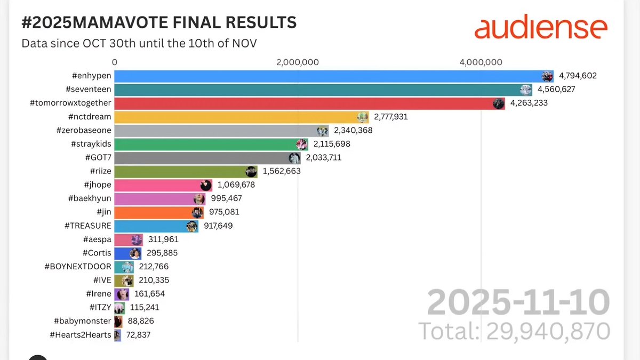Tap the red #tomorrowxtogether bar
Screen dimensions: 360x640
[x=307, y=103]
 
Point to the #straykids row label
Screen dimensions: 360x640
[x=91, y=144]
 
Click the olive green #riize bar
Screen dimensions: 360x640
[x=181, y=171]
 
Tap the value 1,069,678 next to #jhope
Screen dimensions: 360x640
[x=236, y=185]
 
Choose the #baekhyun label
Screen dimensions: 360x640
[x=89, y=198]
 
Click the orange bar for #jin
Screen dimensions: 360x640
[x=155, y=212]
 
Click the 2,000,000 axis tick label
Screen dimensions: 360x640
[x=298, y=62]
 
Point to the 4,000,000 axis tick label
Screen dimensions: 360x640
[x=481, y=62]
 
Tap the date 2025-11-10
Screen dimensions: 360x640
[x=518, y=303]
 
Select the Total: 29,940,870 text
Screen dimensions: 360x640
[x=514, y=331]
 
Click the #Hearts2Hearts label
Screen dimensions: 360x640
[x=80, y=335]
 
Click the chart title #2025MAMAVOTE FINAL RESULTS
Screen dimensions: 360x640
[x=158, y=23]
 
